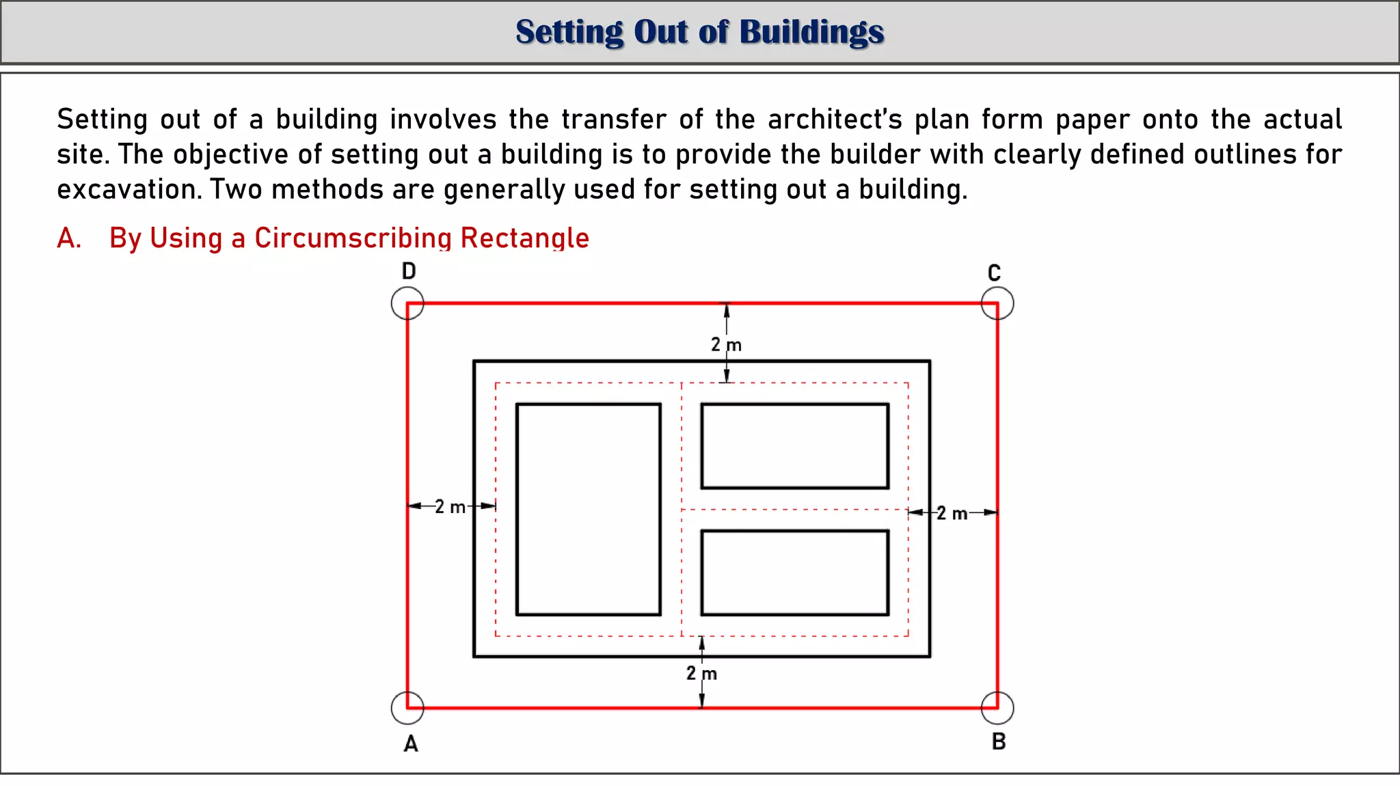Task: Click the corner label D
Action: click(x=409, y=271)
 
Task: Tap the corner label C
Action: click(x=994, y=273)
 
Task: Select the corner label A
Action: click(x=410, y=743)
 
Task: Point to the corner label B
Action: click(x=999, y=741)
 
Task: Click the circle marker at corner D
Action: click(x=407, y=303)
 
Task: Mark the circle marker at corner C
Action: click(x=997, y=303)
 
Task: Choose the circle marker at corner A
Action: click(x=407, y=708)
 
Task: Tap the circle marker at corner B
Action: click(x=997, y=708)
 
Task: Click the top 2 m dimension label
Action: click(x=726, y=345)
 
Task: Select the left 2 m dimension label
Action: click(x=450, y=507)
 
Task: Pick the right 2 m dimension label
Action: click(x=952, y=513)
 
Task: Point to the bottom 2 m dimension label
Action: click(x=701, y=674)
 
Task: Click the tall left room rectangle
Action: click(x=589, y=510)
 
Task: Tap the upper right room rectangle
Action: click(x=795, y=446)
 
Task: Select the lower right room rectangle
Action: click(x=795, y=572)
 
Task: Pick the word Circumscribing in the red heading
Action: click(x=353, y=238)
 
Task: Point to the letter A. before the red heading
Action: click(x=69, y=238)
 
